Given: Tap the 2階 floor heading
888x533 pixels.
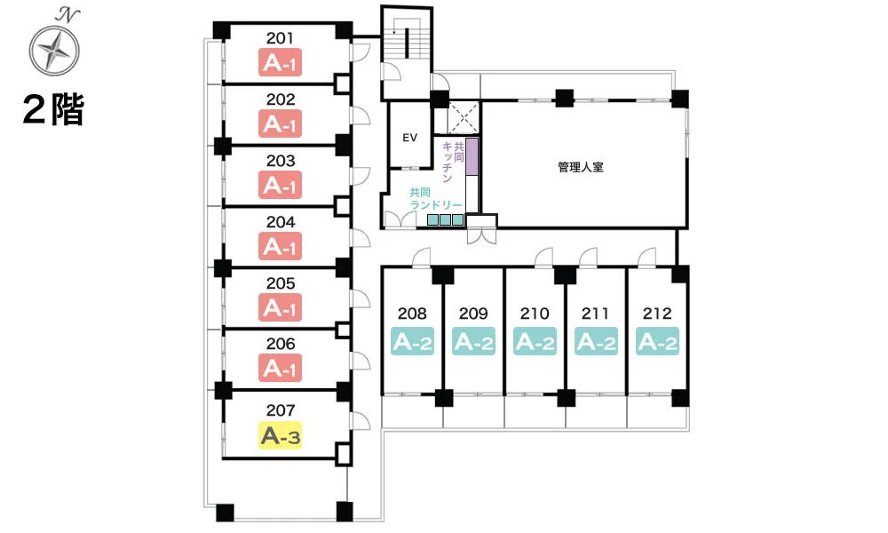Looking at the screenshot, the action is point(54,109).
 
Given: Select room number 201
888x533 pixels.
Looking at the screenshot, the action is point(280,38).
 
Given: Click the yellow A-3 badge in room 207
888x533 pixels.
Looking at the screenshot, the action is point(281,435).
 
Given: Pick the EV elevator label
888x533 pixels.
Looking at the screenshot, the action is point(409,138).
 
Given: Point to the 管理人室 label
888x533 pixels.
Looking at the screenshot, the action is point(581,167).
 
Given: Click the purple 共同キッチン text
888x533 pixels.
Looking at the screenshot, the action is point(453,162).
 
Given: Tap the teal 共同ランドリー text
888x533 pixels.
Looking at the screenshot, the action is point(435,199).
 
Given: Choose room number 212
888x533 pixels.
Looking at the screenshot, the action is point(657,314).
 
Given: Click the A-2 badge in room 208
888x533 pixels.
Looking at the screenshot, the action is point(412,341).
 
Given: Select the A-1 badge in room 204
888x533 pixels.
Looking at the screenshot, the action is point(280,246).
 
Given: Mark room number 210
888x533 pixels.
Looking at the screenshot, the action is point(535,314).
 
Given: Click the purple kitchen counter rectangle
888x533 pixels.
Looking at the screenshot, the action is point(472,156).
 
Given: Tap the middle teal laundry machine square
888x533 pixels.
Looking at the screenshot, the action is point(445,219).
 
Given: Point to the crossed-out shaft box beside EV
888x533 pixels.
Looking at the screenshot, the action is point(464,118).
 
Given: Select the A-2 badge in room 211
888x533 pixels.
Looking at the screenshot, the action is point(596,341).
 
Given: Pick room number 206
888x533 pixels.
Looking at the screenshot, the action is point(281,344).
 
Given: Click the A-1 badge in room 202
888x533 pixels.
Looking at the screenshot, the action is point(280,123).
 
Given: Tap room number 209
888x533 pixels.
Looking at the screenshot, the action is point(473,314).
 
